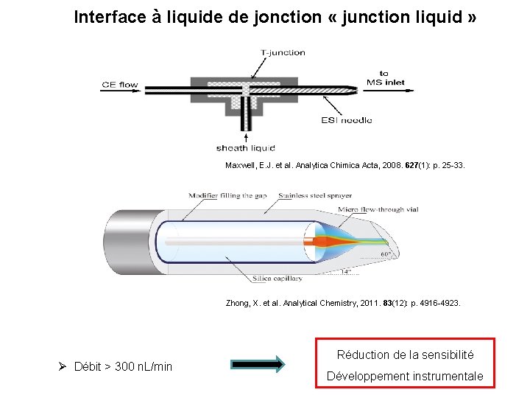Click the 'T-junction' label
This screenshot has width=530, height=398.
[283, 52]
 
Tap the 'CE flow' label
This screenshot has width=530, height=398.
[119, 85]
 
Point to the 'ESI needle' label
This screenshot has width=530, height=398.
[347, 120]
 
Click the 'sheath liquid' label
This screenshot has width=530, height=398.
[245, 148]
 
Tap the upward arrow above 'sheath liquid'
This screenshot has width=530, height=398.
[246, 136]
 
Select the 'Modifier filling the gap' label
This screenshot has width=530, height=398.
[227, 195]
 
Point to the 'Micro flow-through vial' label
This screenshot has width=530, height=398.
[377, 209]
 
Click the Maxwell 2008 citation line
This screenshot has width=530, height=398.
[344, 165]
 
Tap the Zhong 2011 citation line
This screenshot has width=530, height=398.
[343, 302]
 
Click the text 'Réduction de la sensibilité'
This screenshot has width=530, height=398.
[405, 355]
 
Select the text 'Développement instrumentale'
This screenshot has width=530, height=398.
[405, 376]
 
